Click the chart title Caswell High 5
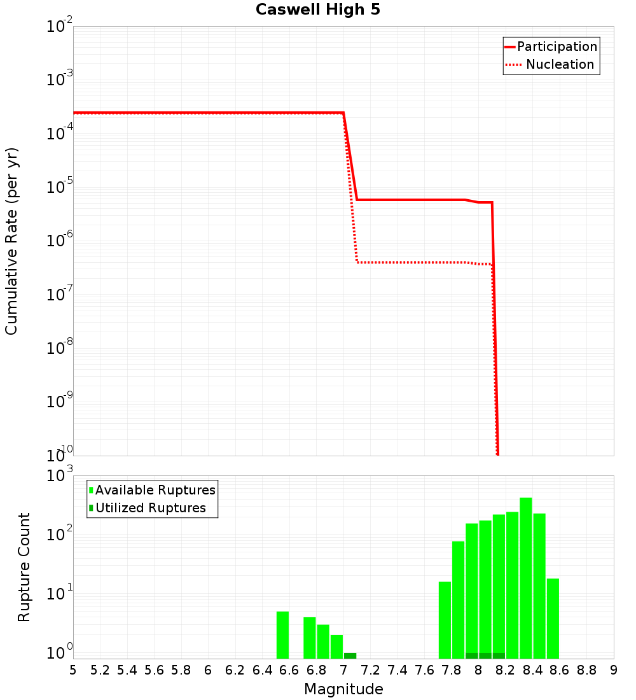click(318, 10)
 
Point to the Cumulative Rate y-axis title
click(12, 241)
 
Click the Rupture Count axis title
click(24, 567)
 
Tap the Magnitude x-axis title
click(343, 689)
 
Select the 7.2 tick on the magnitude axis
click(370, 670)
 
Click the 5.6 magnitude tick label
click(154, 670)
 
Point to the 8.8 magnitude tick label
click(586, 670)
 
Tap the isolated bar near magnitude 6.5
click(282, 635)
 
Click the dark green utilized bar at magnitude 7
click(350, 655)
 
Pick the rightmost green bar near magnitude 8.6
click(553, 618)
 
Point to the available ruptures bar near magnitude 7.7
click(445, 620)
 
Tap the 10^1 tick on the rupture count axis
click(60, 596)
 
